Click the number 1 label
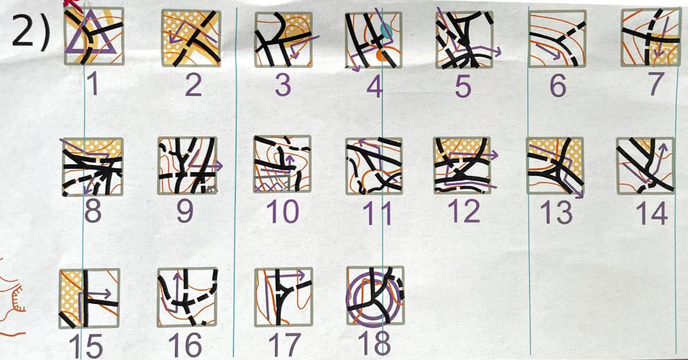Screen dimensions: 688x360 pos(92,85)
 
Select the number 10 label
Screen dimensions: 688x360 pos(282,211)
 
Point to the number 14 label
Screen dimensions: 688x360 pos(652,213)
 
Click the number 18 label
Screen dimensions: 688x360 pos(374,344)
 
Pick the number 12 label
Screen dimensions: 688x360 pos(465,211)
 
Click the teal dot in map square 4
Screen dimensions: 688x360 pos(385,30)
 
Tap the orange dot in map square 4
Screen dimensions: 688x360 pos(382,55)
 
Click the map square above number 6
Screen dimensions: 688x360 pos(557,38)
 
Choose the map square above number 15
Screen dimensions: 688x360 pos(89,298)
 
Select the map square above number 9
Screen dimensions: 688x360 pos(187,166)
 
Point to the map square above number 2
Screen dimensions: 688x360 pos(191,38)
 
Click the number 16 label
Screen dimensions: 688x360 pos(186,344)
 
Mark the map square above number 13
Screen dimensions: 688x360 pos(556,166)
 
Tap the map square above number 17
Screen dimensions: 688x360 pos(284,297)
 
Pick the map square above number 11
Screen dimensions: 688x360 pos(374,166)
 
